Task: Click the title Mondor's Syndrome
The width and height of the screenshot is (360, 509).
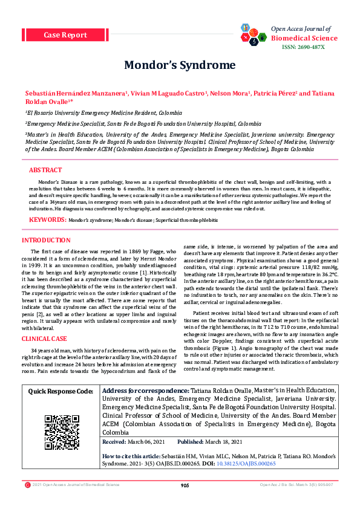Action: pos(180,65)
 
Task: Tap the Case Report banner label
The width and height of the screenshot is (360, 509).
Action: pos(65,35)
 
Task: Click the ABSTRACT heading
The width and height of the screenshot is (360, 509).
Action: pos(45,170)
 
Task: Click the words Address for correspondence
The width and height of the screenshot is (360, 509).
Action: pos(145,375)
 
